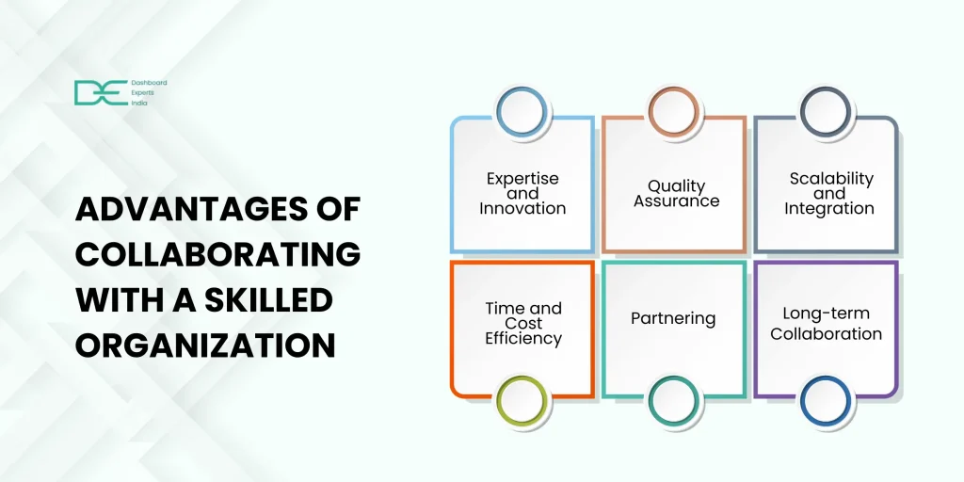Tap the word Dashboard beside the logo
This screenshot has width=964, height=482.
tap(149, 83)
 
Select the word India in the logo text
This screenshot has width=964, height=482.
tap(139, 104)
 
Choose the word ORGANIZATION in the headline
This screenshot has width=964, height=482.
tap(205, 345)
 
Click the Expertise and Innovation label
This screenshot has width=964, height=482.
tap(522, 193)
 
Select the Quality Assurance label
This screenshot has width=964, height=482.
tap(676, 193)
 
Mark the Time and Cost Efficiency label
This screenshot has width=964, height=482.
tap(523, 324)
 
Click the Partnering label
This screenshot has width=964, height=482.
tap(673, 318)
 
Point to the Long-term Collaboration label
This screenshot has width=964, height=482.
tap(827, 324)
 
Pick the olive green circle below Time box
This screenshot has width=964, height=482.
tap(522, 378)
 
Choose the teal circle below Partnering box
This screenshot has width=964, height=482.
tap(674, 378)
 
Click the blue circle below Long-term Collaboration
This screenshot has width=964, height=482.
tap(826, 378)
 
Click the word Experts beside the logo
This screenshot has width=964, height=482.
tap(143, 93)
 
